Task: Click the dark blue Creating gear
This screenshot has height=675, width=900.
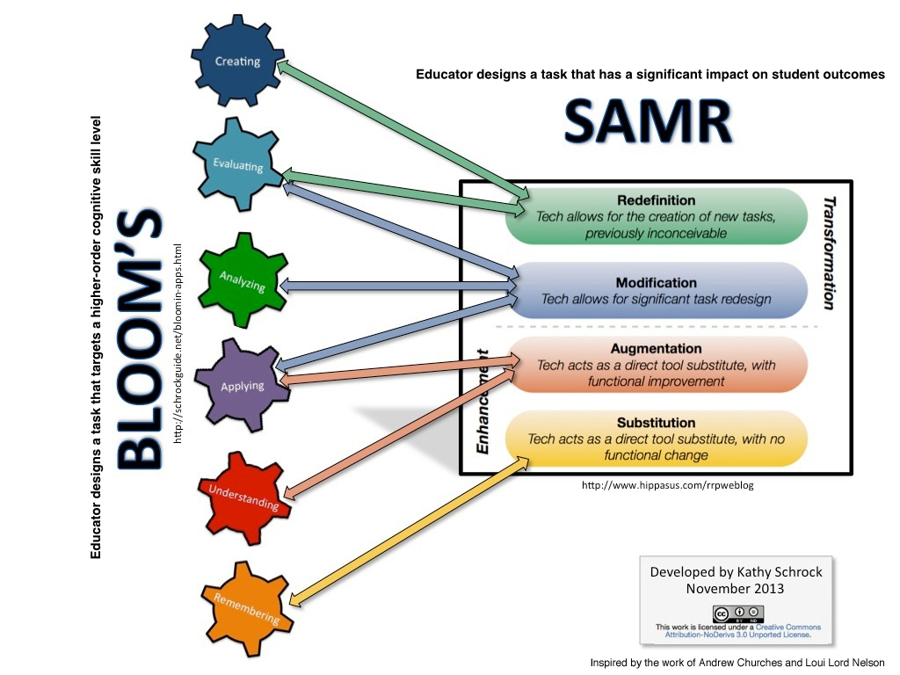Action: point(237,62)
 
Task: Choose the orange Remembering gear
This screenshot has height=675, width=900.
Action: point(247,606)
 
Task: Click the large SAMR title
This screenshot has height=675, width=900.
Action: point(648,122)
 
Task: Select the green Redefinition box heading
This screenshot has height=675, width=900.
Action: point(656,200)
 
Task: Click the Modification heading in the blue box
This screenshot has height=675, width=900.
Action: point(656,283)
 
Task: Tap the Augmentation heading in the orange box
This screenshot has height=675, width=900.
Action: point(656,349)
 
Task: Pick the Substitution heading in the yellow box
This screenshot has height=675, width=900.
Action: point(656,423)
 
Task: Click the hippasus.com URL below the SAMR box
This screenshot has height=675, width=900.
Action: point(668,486)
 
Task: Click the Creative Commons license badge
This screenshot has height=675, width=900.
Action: point(738,613)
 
